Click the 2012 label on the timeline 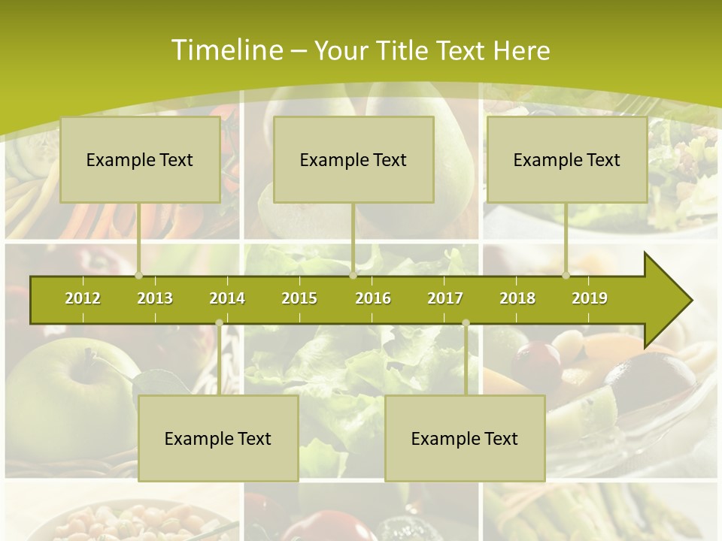coord(83,298)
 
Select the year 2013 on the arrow coord(155,298)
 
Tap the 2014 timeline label coord(227,298)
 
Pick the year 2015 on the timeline coord(299,298)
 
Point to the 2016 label coord(373,298)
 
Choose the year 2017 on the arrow coord(445,298)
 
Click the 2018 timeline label coord(517,298)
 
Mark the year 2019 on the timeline coord(590,298)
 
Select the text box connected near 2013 coord(140,159)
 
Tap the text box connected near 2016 coord(353,159)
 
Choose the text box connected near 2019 coord(567,159)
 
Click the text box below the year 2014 coord(218,438)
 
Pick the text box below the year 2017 coord(465,438)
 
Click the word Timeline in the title coord(226,50)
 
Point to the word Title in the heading coord(406,50)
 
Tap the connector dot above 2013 coord(138,276)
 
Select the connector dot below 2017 coord(466,323)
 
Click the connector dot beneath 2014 coord(219,323)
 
